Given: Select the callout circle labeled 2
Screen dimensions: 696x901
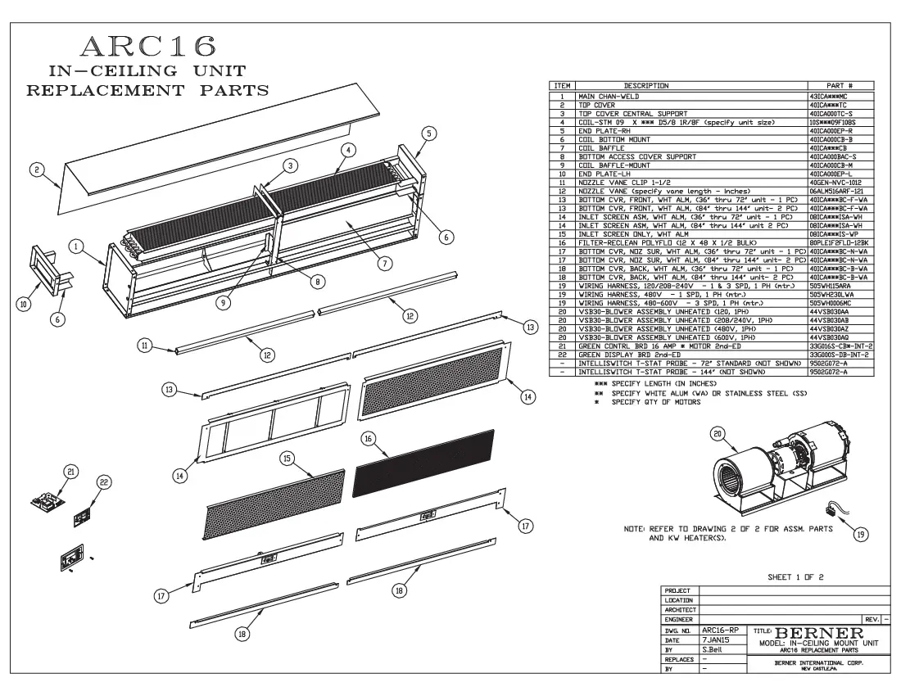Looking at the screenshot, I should click(36, 169).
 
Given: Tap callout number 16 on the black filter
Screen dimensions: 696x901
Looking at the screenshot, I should click(369, 439).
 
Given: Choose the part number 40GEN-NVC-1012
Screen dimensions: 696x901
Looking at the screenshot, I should click(836, 182).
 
